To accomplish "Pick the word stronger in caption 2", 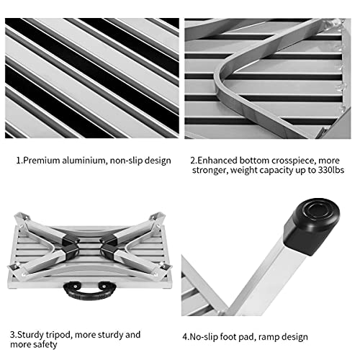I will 209,173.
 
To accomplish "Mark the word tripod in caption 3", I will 66,335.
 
